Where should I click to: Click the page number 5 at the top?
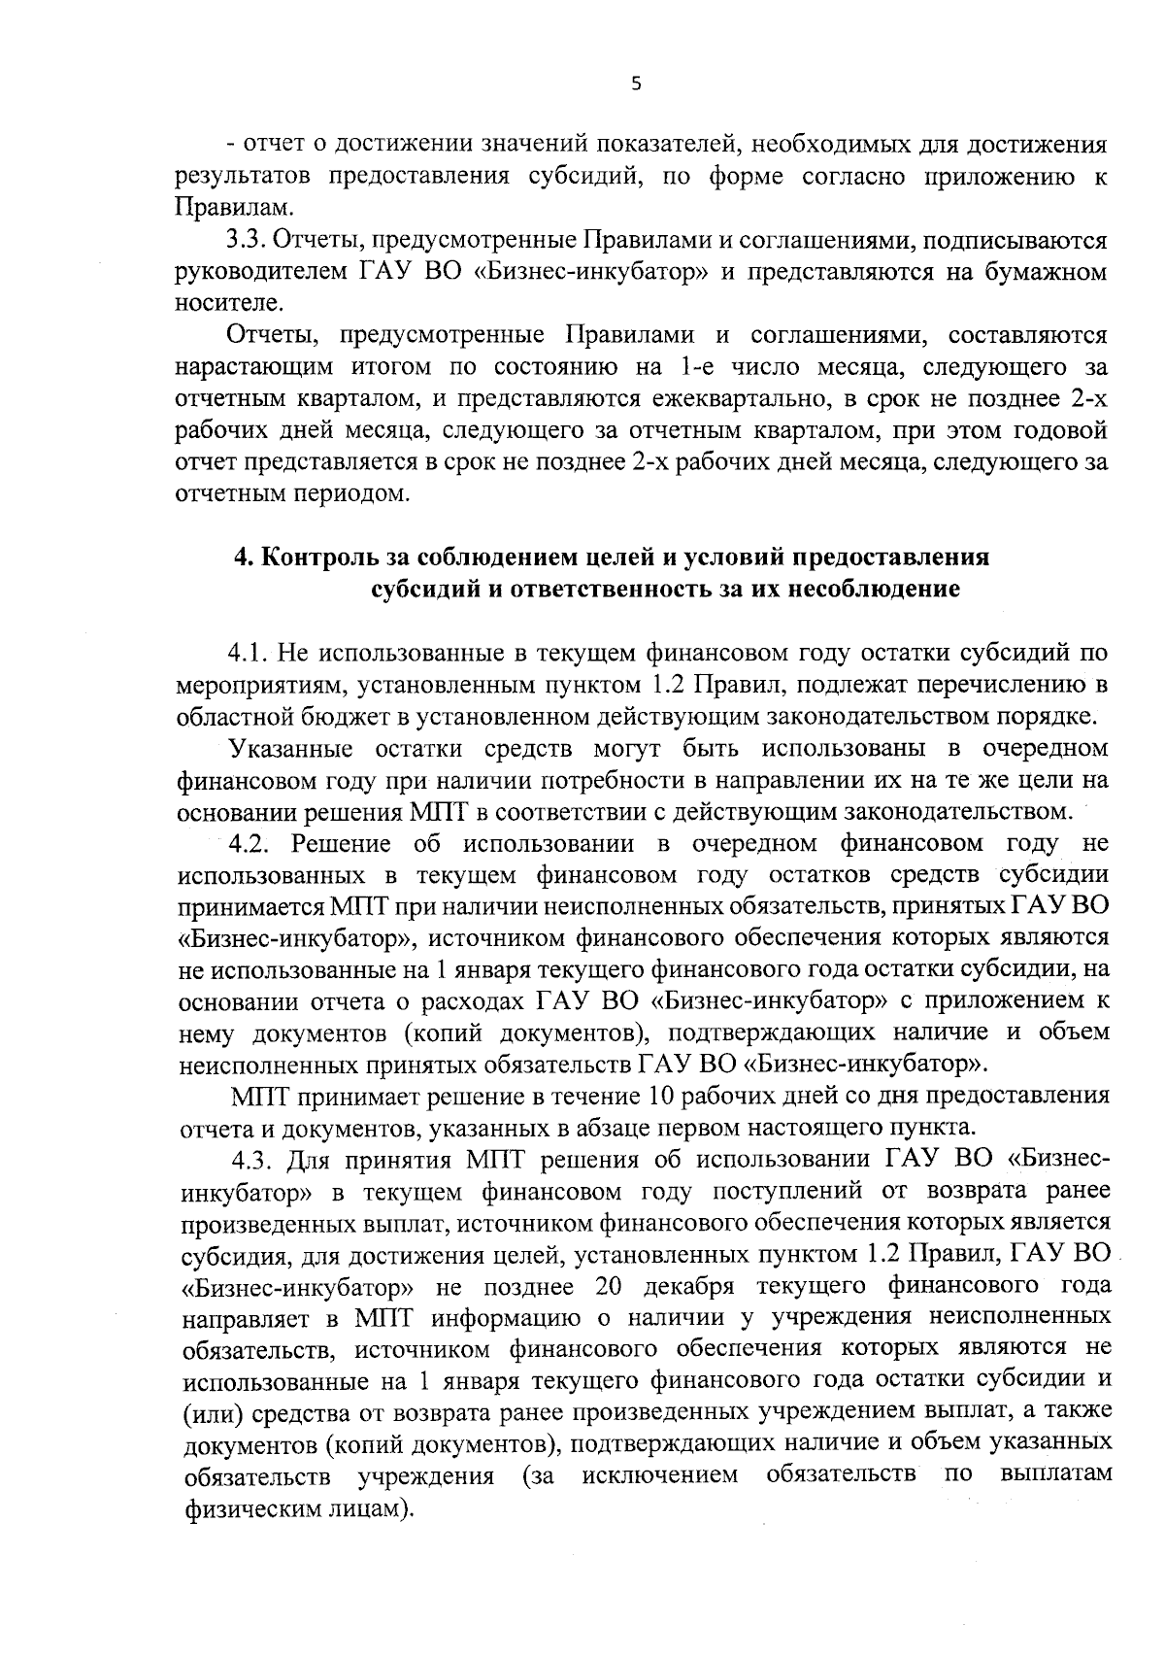click(x=636, y=85)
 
